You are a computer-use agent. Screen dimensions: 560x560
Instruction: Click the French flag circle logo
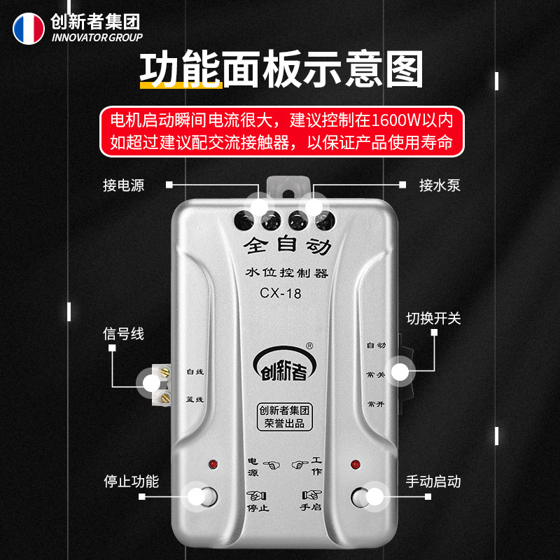point(29,28)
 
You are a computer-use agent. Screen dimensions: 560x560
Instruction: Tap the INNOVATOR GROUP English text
point(97,38)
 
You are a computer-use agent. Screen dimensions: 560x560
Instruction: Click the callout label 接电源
point(123,185)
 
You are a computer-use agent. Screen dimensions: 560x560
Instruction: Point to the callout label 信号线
point(123,334)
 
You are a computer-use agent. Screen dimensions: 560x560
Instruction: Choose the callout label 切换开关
point(434,318)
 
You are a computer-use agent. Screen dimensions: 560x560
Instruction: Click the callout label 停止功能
point(131,482)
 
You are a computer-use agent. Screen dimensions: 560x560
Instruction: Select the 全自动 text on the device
point(281,246)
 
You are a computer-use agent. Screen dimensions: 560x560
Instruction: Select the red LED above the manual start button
point(355,464)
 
